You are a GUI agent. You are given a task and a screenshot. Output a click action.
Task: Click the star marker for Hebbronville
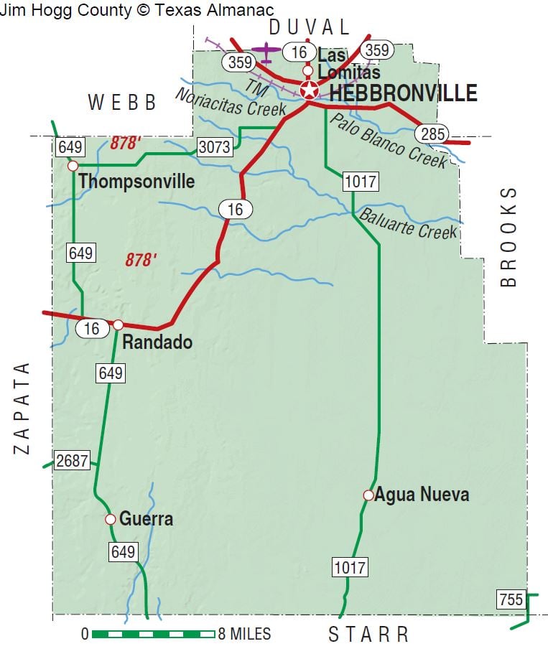coord(310,91)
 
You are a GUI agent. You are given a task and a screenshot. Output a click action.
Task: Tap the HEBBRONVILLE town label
coord(403,93)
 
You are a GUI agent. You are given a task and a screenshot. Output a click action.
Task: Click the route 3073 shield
coord(215,148)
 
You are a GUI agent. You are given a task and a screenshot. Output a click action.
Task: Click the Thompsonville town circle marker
coord(73,166)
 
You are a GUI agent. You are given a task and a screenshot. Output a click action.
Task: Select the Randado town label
coord(157,342)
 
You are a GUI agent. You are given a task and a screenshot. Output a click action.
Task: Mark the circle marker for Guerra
coord(110,519)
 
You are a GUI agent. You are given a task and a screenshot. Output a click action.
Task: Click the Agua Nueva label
coord(422,495)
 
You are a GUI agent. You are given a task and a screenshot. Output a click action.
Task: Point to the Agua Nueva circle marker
coord(368,495)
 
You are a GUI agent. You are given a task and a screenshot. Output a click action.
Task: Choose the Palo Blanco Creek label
coord(388,140)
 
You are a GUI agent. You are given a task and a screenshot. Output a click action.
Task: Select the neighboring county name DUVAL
coord(310,27)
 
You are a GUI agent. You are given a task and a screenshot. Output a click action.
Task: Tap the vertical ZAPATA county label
coord(22,407)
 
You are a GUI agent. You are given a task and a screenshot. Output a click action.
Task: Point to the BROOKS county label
coord(508,236)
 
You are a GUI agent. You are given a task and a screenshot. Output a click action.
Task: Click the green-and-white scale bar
coord(154,634)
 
